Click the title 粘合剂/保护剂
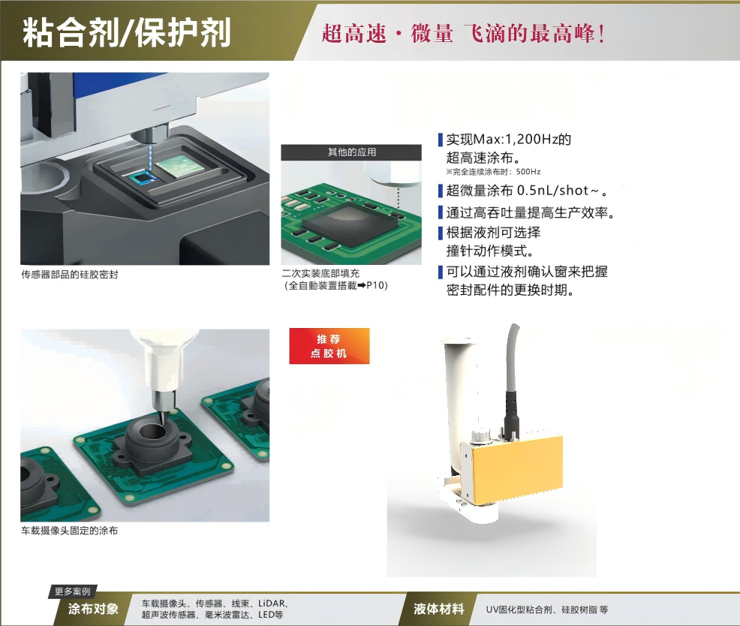127,34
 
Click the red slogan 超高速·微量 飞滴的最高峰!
463,34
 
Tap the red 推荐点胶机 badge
329,346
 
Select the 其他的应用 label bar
352,152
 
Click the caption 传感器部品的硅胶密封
70,275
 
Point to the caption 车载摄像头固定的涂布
70,531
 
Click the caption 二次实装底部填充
320,274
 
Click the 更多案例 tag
72,591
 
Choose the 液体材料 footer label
439,609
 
